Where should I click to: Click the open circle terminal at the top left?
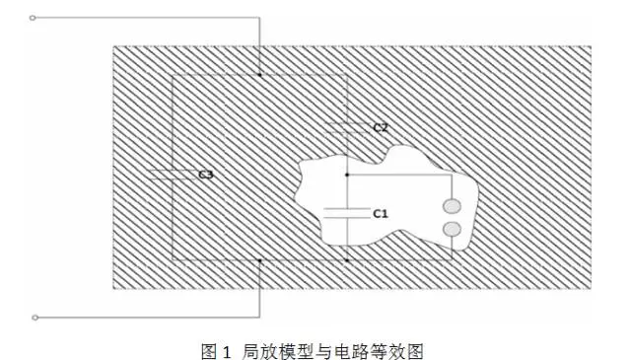33,18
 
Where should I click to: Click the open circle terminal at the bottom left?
35,318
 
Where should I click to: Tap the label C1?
381,213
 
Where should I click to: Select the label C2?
381,127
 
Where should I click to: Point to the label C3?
206,175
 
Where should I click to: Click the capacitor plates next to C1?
347,213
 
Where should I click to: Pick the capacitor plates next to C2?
347,127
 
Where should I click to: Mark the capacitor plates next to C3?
173,175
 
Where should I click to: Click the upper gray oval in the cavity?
452,206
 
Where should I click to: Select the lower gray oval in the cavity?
452,229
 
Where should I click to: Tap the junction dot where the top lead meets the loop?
259,75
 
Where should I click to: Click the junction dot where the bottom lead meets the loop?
259,260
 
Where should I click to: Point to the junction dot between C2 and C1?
347,175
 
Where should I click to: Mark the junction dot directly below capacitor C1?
347,260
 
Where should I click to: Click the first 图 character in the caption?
209,351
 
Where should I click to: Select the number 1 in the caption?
227,351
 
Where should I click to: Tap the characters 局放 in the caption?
259,351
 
